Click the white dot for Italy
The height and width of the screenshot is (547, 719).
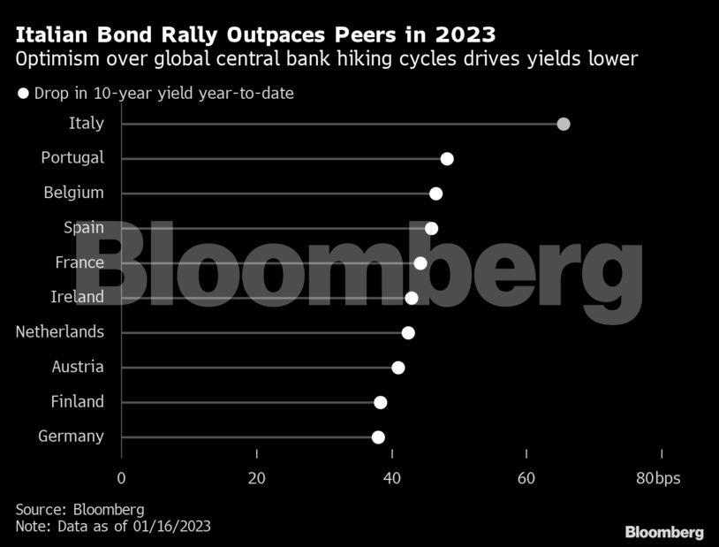click(x=564, y=124)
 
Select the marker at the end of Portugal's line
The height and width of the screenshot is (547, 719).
click(x=447, y=158)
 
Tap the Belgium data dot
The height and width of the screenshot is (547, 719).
click(x=435, y=194)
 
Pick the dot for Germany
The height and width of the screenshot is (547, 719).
click(x=378, y=437)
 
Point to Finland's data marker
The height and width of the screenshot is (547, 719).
click(x=381, y=402)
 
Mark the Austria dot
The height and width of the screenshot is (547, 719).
click(x=398, y=368)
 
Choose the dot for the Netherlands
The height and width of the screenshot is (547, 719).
click(x=408, y=332)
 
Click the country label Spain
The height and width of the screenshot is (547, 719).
click(x=84, y=228)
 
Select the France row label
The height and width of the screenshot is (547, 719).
click(x=79, y=262)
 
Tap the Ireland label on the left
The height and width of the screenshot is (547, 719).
click(x=77, y=297)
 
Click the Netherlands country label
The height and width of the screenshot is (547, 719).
click(x=60, y=332)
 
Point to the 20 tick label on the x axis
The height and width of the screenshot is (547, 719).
click(x=256, y=478)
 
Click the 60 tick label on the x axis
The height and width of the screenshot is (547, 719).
click(x=526, y=478)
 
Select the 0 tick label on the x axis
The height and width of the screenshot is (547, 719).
click(x=121, y=478)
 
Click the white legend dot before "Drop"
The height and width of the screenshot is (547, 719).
click(x=24, y=93)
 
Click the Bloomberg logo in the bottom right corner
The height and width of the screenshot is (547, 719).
click(x=664, y=532)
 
